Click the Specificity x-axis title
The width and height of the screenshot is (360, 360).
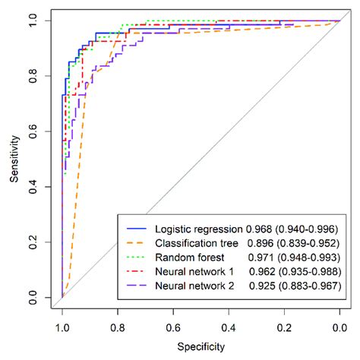201,347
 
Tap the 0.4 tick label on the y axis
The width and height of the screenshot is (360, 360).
33,186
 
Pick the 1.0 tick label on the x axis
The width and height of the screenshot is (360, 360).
62,327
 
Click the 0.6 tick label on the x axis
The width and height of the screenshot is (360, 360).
172,327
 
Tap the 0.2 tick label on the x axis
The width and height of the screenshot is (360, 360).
283,327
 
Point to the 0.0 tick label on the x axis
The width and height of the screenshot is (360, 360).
339,327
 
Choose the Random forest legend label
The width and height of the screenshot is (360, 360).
188,257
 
